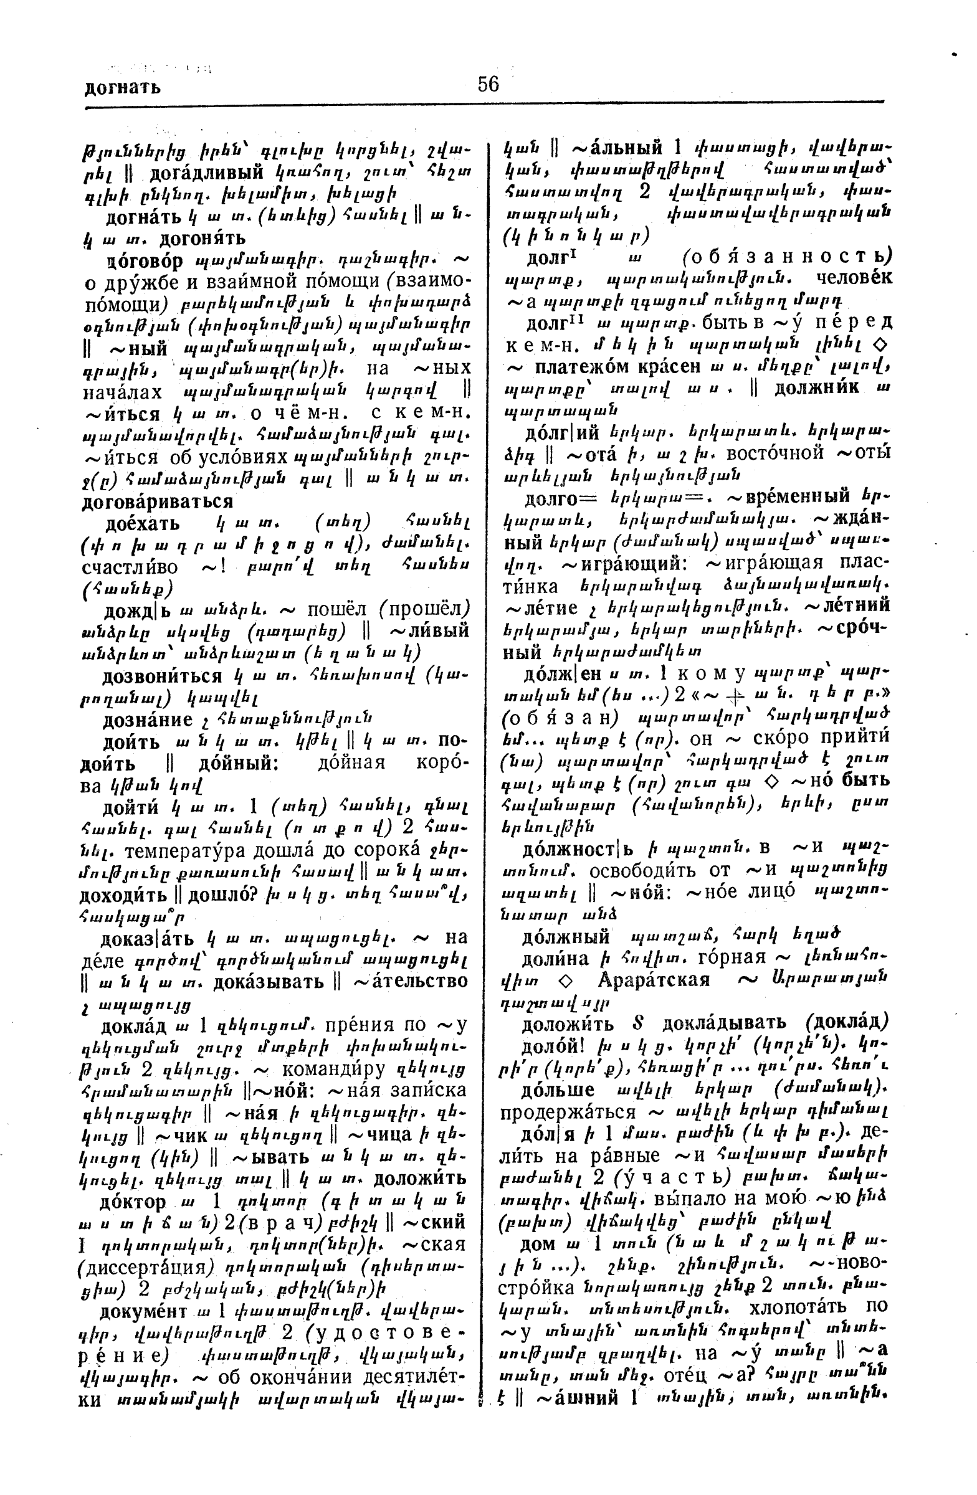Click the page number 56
point(488,84)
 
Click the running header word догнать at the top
point(123,87)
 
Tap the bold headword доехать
point(143,523)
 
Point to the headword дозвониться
point(163,676)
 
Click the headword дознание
point(148,719)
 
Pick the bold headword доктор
point(133,1202)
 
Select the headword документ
point(143,1312)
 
